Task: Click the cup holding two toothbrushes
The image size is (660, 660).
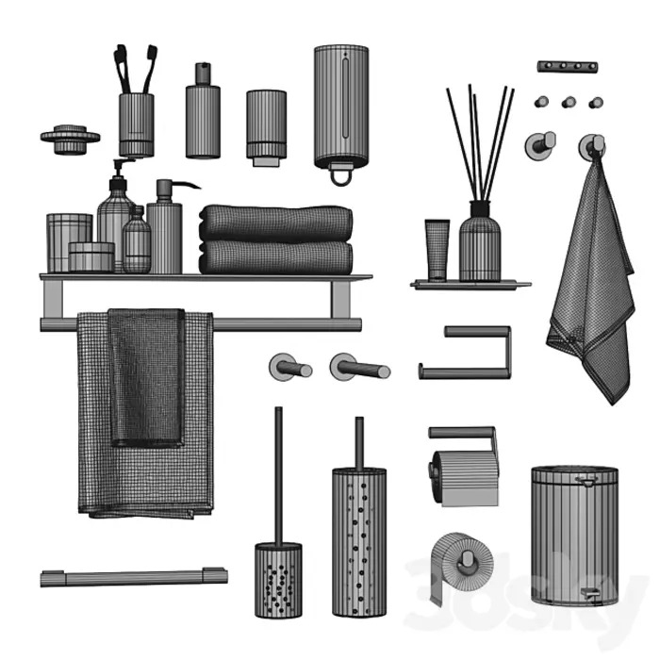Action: (x=137, y=125)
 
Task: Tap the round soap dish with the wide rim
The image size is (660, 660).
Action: (x=71, y=139)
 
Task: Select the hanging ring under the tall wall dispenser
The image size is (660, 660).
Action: (x=340, y=175)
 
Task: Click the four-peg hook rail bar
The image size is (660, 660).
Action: (x=568, y=67)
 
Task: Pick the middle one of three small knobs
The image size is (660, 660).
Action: (x=569, y=102)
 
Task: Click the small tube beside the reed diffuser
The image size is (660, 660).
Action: (x=437, y=250)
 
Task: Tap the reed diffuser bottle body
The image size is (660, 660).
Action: (x=480, y=248)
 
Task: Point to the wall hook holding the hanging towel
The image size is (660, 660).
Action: (x=592, y=147)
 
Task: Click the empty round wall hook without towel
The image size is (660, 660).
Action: (x=540, y=145)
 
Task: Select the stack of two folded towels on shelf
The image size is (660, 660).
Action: (x=276, y=239)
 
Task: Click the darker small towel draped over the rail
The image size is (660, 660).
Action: (x=146, y=377)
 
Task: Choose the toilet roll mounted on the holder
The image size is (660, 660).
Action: (x=464, y=477)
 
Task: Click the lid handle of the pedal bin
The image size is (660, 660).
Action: (x=586, y=479)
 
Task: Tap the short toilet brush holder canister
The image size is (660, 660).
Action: (x=278, y=581)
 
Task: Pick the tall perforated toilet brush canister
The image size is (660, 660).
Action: (x=359, y=542)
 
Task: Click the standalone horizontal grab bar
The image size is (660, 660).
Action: (x=134, y=577)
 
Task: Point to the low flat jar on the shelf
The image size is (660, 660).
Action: (x=91, y=256)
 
